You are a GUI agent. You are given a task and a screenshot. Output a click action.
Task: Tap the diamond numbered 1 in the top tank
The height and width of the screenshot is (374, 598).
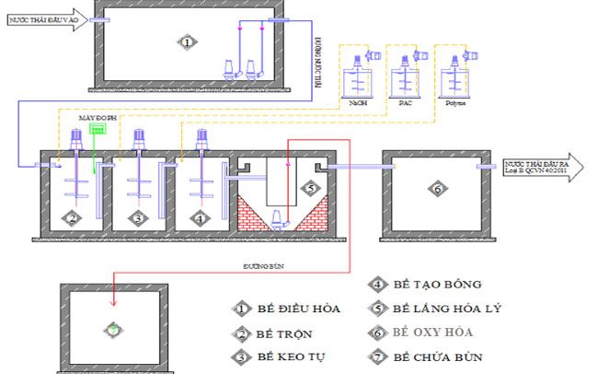pyautogui.click(x=187, y=41)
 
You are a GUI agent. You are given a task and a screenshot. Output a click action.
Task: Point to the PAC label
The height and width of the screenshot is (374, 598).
pyautogui.click(x=405, y=103)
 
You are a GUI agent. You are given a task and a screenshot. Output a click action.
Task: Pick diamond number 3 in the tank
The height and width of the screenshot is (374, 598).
pyautogui.click(x=137, y=217)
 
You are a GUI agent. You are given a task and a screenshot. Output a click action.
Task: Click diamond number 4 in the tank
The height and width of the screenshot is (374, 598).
pyautogui.click(x=200, y=217)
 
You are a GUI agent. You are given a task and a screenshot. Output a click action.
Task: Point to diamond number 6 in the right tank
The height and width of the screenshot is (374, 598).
pyautogui.click(x=438, y=189)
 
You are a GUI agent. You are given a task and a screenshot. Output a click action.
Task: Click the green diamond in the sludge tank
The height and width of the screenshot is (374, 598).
pyautogui.click(x=113, y=329)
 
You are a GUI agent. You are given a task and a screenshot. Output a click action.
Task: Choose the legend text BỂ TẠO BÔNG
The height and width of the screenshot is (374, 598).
pyautogui.click(x=437, y=285)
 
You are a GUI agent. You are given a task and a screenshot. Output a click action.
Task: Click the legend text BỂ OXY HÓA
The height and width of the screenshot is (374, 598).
pyautogui.click(x=435, y=332)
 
